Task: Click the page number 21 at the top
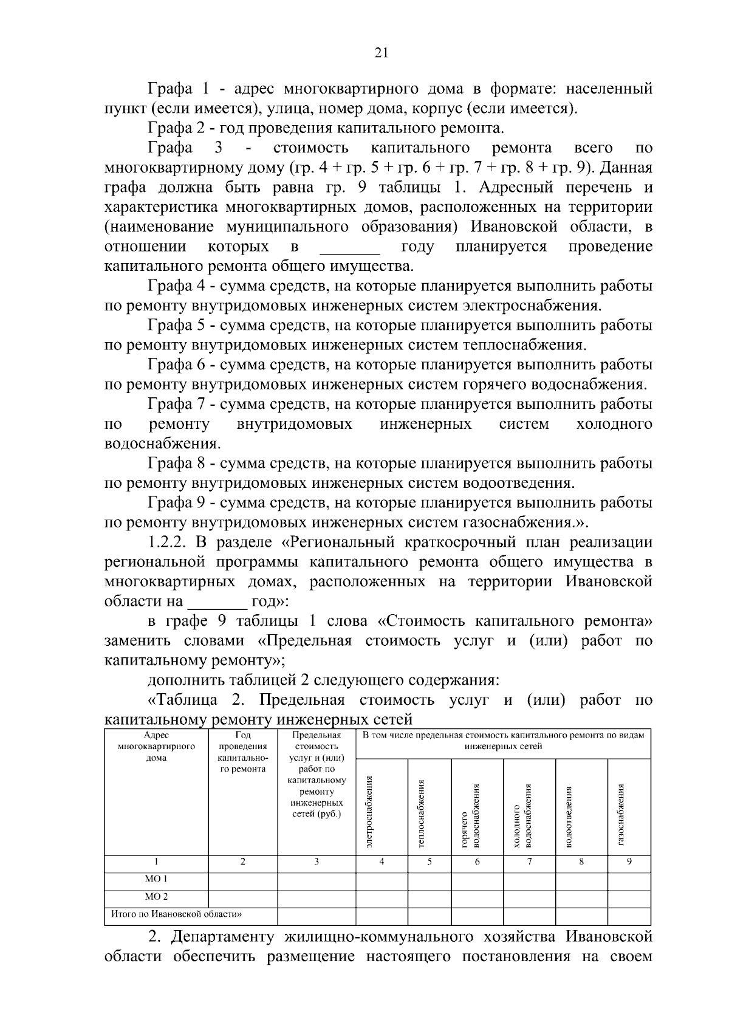point(381,53)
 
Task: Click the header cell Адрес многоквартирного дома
point(156,746)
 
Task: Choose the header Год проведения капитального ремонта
point(242,752)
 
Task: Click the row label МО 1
point(156,879)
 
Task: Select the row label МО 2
point(156,896)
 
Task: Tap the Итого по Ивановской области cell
point(176,914)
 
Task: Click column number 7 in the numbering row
point(529,861)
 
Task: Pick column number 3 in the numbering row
point(316,861)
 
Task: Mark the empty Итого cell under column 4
point(382,914)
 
